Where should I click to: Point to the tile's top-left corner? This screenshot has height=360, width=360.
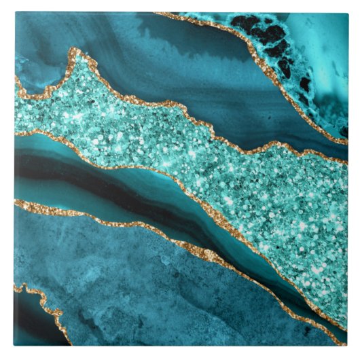[14, 12]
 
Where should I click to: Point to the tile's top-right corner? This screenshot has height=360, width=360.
[347, 12]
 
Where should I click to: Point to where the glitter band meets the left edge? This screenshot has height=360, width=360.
[15, 109]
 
